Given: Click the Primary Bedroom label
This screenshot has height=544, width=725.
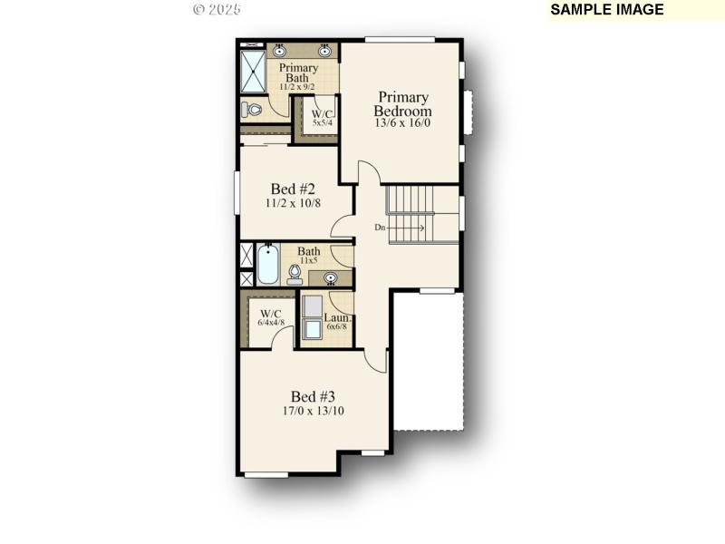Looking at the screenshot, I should coord(403,103).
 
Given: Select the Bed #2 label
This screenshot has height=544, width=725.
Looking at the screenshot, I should coord(293,189).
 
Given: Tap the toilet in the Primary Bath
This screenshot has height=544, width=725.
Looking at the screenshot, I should coord(251,110).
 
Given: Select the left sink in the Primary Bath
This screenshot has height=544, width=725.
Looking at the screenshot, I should coord(279,52).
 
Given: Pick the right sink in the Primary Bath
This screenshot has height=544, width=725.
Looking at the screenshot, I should coord(324,52).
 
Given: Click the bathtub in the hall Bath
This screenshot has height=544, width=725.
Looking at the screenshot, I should coord(267,265).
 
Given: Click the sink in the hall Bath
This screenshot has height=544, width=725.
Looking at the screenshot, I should coord(331,277).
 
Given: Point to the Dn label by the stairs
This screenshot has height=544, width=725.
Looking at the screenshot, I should coord(382,228).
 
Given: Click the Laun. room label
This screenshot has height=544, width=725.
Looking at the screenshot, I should coord(337,319).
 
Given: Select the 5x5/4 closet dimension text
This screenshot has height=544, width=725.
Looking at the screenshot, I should coord(323,122).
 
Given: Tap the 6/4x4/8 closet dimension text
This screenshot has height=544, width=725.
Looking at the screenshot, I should coord(271,322).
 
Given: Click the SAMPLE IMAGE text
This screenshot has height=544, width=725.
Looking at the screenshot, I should coord(607,10).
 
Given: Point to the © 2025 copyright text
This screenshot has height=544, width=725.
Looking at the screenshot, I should coord(217,9).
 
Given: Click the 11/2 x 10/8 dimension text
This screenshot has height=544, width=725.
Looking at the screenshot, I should coord(293,204).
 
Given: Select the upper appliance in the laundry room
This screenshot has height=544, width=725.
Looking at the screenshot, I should coord(312,305).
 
